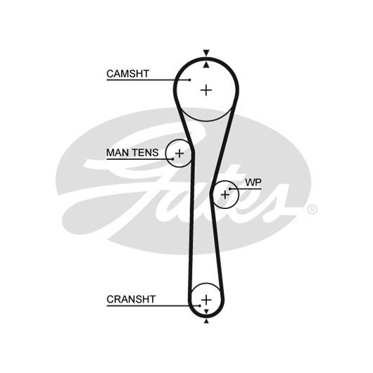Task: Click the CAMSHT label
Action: (x=128, y=74)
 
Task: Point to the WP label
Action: (x=253, y=182)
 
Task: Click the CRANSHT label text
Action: (x=131, y=299)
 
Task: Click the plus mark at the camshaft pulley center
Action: (x=206, y=90)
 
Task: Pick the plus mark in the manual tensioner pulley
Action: (x=179, y=153)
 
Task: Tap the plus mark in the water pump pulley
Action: (x=225, y=195)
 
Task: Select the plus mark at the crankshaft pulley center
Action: (x=206, y=300)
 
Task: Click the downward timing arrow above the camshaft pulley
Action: (x=206, y=53)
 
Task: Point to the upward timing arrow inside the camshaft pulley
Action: (x=206, y=65)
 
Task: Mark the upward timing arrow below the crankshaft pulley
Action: (x=206, y=321)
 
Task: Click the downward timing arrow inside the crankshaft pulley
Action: (x=206, y=311)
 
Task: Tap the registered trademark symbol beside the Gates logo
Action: (x=312, y=210)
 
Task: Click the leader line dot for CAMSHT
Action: (x=189, y=80)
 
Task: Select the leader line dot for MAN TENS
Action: (x=173, y=158)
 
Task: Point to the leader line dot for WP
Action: (x=230, y=189)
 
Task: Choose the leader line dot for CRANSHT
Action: (x=200, y=305)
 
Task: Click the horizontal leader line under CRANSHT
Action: (x=153, y=305)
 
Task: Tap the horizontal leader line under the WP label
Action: (x=246, y=189)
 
